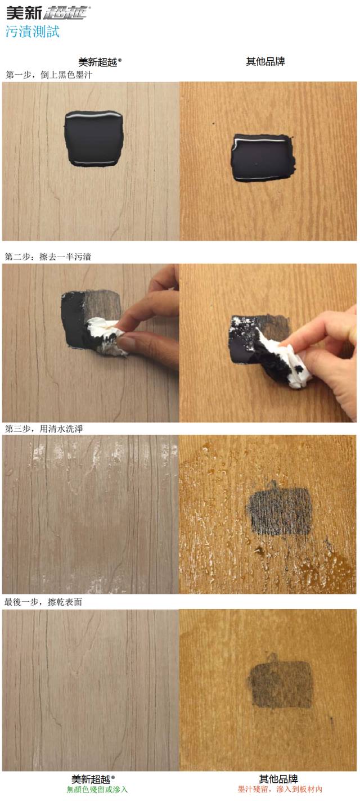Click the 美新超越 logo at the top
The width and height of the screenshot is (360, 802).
(x=48, y=12)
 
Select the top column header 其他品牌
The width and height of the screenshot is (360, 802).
(x=265, y=61)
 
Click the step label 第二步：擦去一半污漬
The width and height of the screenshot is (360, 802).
(x=48, y=256)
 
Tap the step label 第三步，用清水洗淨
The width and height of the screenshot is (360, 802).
(x=48, y=429)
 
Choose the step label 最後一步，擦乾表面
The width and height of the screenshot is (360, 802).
(x=43, y=602)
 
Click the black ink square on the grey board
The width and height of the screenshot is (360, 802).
(x=93, y=138)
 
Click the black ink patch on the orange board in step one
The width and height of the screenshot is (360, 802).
(x=263, y=157)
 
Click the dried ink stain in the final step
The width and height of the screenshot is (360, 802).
(x=280, y=683)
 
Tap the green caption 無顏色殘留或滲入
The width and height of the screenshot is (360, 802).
(x=97, y=790)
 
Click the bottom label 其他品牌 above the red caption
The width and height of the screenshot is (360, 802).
(x=278, y=779)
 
